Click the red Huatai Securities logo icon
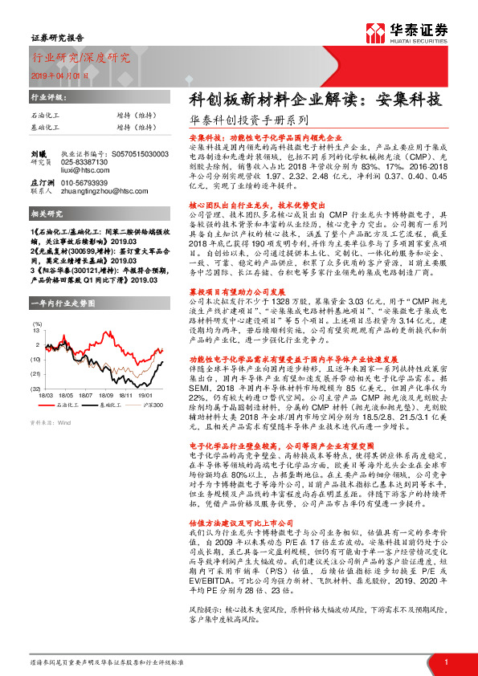[x=375, y=33]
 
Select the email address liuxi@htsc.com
[x=84, y=170]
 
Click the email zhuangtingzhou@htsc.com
[x=105, y=192]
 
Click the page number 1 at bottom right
[x=446, y=662]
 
